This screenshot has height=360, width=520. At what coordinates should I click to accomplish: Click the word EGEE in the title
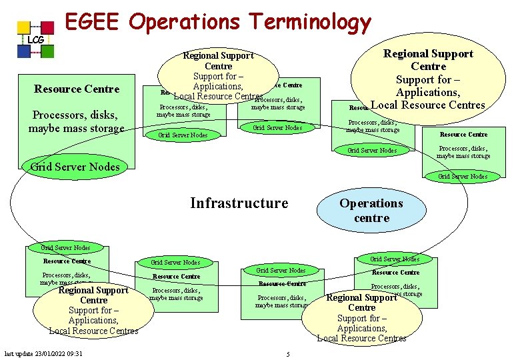(x=91, y=22)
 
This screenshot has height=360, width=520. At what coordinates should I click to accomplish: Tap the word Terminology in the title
(x=310, y=23)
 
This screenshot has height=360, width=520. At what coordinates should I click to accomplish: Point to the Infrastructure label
(x=239, y=203)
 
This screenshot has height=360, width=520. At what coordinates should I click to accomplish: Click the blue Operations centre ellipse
(x=371, y=210)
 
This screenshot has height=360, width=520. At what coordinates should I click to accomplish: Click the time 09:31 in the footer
(x=73, y=353)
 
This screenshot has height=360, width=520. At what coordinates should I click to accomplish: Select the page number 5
(x=287, y=354)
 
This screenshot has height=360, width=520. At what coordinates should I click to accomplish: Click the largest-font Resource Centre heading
(x=77, y=89)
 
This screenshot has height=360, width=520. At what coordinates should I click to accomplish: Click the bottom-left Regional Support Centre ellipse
(x=93, y=310)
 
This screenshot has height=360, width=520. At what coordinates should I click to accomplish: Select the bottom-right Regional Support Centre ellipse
(x=362, y=317)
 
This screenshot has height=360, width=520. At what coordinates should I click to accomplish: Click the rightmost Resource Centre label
(x=464, y=135)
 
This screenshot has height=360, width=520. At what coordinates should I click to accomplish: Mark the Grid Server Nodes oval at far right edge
(x=463, y=177)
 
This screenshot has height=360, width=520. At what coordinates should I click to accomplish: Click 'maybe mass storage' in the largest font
(x=77, y=127)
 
